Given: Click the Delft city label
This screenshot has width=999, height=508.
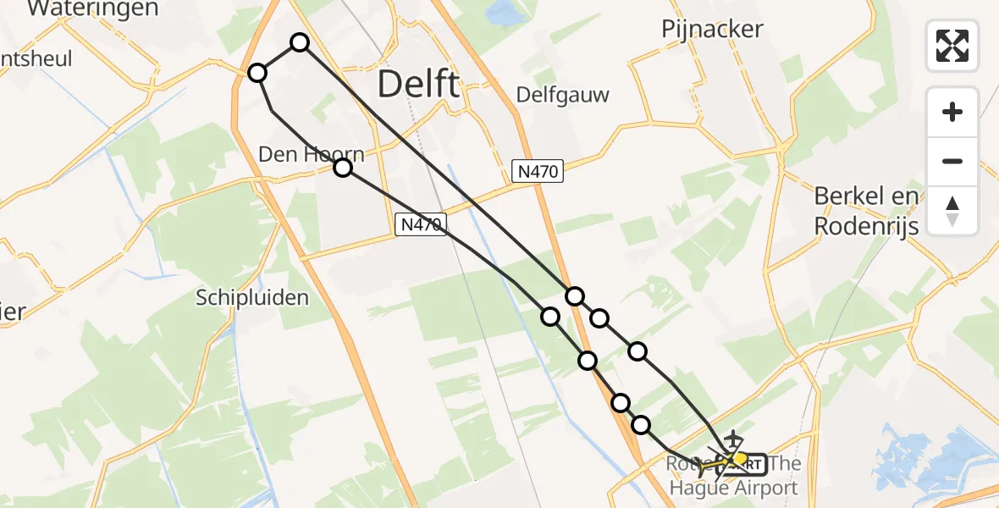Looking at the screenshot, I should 418,85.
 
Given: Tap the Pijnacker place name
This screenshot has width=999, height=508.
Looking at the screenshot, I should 712,30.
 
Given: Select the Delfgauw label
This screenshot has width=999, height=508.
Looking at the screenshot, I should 563,94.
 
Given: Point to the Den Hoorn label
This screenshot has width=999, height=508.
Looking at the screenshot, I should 312,154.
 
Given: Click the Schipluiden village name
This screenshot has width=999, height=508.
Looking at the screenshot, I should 252,297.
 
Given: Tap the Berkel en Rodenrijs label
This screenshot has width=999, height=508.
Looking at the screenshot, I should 866,212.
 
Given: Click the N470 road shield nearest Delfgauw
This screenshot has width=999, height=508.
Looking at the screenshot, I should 538,172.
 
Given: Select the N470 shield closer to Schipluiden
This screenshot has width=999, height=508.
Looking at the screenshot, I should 419,224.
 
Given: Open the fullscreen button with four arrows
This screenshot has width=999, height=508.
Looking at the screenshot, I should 952,46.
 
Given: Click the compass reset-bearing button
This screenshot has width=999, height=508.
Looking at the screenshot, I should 952,211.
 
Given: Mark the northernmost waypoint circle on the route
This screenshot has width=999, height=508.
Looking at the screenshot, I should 300,42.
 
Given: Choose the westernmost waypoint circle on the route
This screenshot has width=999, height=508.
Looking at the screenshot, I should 257,74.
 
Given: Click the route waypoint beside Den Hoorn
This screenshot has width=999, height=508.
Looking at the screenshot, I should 342,168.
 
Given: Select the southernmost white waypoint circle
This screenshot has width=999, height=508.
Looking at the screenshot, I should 641,425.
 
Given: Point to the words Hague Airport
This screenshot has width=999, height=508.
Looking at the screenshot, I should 733,488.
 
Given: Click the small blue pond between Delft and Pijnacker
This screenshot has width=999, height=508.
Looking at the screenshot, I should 506,13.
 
